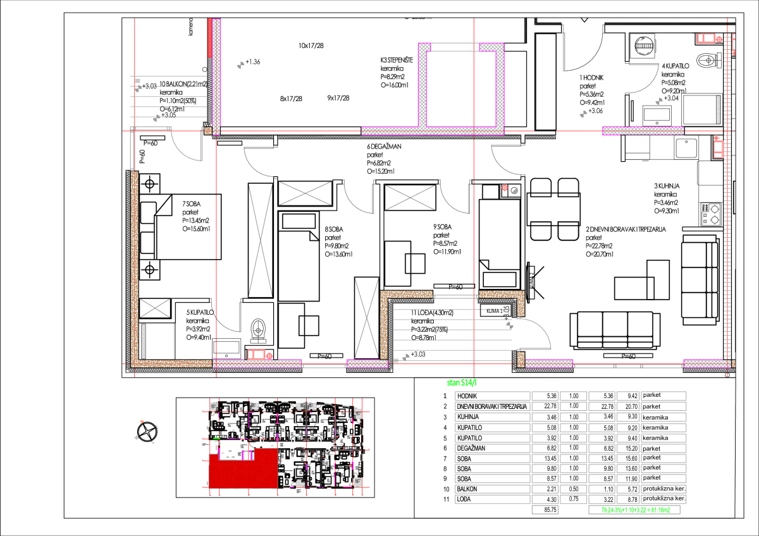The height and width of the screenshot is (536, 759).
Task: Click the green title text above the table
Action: click(462, 382)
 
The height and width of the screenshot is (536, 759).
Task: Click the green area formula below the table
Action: click(634, 509)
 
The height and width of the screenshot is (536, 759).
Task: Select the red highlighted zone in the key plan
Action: click(243, 472)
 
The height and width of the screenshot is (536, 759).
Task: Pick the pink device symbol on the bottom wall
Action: click(259, 355)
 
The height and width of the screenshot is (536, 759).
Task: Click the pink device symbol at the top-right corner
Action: click(708, 39)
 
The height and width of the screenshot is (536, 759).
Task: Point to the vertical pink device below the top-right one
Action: click(718, 149)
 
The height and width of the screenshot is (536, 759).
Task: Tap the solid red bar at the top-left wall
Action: click(209, 38)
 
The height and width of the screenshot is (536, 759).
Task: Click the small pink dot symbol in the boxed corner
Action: click(505, 188)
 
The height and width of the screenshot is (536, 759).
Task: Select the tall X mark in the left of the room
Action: click(260, 240)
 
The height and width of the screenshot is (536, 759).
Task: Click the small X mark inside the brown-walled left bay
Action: click(154, 308)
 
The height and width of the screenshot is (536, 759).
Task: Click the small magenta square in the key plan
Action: click(247, 455)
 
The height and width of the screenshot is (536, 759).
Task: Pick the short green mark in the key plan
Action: click(216, 438)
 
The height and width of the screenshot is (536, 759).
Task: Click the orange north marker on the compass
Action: click(142, 421)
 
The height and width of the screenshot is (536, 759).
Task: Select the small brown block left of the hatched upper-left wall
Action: click(207, 131)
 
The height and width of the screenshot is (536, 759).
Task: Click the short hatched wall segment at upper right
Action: click(643, 131)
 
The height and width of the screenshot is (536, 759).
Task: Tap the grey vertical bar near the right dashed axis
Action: click(718, 109)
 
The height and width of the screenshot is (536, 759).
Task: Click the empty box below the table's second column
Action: click(545, 509)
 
